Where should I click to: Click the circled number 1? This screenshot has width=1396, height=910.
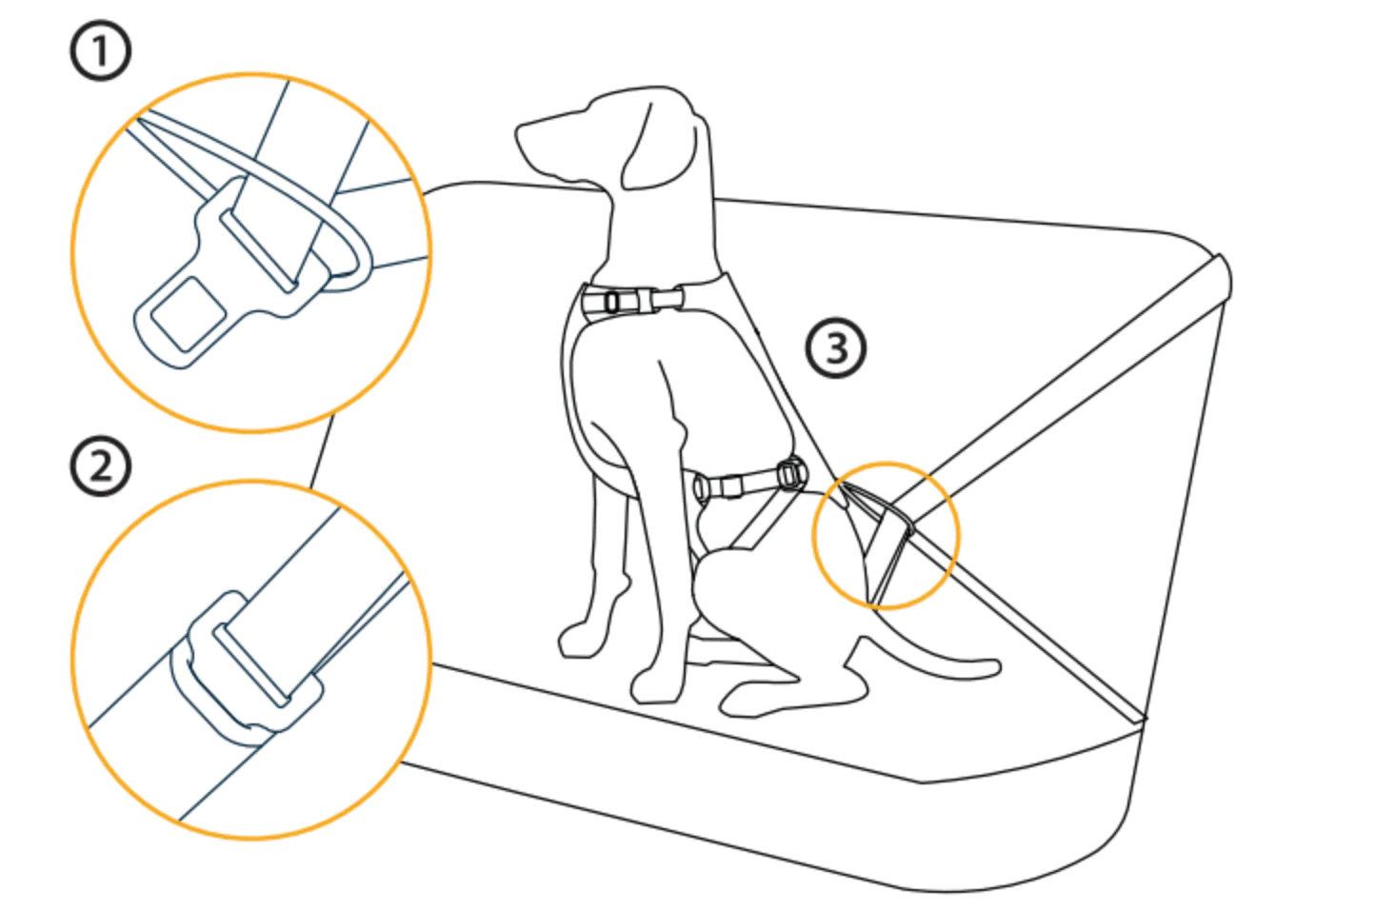pyautogui.click(x=100, y=50)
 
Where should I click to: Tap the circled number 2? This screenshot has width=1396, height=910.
pyautogui.click(x=100, y=465)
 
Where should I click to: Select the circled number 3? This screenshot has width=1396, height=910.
pyautogui.click(x=836, y=348)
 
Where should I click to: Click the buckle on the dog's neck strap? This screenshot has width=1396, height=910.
pyautogui.click(x=632, y=302)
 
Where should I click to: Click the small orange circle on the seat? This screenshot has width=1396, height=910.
pyautogui.click(x=886, y=535)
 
